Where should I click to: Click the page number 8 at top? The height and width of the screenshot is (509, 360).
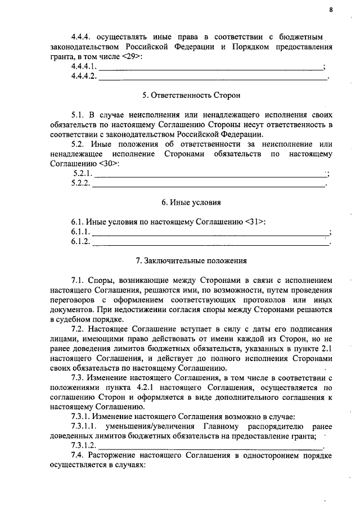click(x=331, y=10)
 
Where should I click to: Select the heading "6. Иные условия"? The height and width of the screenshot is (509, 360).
click(x=180, y=202)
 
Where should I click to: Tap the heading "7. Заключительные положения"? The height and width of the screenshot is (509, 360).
click(x=180, y=260)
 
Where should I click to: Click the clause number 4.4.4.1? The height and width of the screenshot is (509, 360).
click(x=84, y=67)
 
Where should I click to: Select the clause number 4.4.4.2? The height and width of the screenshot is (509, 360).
click(x=84, y=76)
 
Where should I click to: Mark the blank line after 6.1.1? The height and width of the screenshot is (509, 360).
click(x=210, y=232)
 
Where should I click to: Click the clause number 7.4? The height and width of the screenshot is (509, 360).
click(x=77, y=456)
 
